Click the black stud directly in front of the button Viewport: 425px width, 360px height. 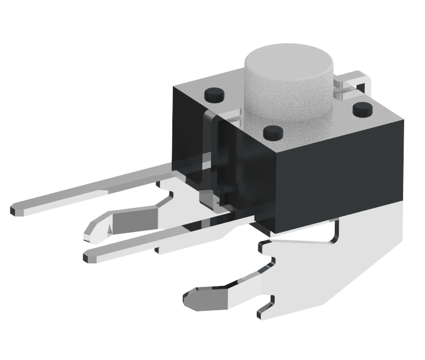[x=272, y=133]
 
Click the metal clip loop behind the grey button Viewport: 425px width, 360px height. [x=354, y=81]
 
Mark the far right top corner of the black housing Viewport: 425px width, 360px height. [x=402, y=119]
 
